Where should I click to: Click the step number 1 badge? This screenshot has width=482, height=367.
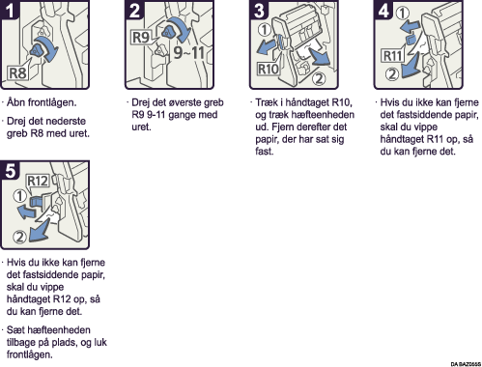(10, 10)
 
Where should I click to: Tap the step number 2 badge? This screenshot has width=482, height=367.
(134, 10)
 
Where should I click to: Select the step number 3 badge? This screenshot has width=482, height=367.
(259, 10)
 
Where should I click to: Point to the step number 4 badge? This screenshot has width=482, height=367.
(383, 10)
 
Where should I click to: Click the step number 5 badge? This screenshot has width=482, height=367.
(10, 170)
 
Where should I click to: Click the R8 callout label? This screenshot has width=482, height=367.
(17, 73)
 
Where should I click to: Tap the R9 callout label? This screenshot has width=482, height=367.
(141, 38)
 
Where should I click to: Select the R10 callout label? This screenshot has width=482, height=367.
(269, 69)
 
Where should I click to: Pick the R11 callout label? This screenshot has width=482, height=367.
(393, 56)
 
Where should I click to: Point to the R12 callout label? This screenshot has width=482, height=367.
(38, 181)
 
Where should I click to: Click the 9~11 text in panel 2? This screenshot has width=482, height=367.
(189, 52)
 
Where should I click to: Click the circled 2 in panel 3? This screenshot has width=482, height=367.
(319, 78)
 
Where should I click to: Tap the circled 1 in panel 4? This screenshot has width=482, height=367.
(403, 14)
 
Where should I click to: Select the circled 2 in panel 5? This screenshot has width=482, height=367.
(19, 237)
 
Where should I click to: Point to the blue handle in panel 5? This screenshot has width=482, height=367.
(36, 202)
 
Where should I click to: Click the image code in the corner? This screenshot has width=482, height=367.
(466, 364)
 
